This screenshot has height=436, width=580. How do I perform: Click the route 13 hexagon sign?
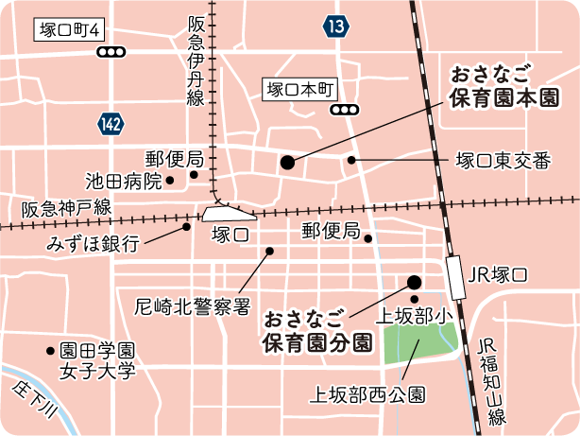pyautogui.click(x=335, y=26)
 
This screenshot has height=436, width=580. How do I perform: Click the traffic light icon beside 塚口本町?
pyautogui.click(x=345, y=110)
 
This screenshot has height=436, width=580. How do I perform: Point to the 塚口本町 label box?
pyautogui.click(x=299, y=90)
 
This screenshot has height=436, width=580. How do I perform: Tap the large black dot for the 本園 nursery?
pyautogui.click(x=287, y=163)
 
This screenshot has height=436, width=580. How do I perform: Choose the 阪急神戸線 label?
pyautogui.click(x=67, y=207)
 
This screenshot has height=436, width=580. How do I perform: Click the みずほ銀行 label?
pyautogui.click(x=93, y=243)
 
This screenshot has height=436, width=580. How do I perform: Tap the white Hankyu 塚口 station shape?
pyautogui.click(x=224, y=213)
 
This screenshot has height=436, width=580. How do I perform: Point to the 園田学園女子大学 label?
pyautogui.click(x=98, y=360)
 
